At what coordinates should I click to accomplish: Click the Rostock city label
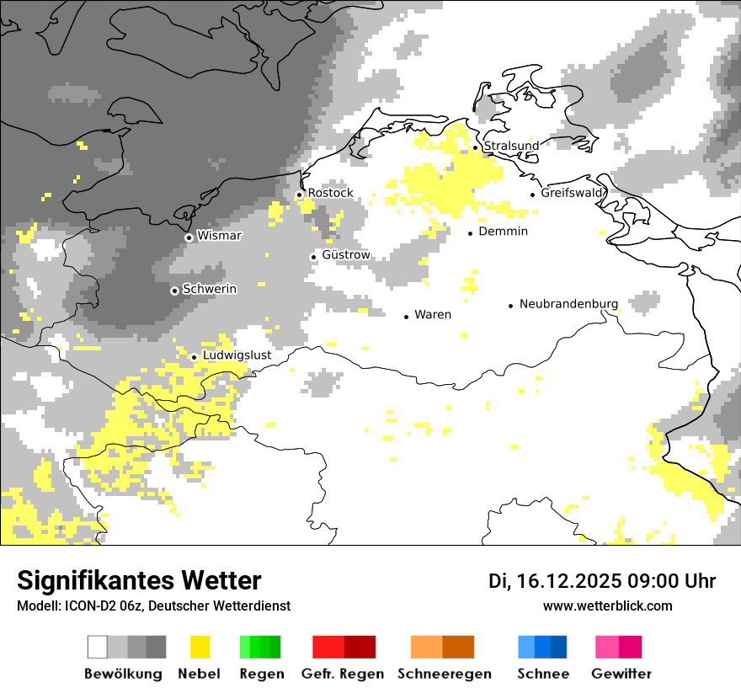[x=330, y=193]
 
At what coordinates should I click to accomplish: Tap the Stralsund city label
[x=511, y=146]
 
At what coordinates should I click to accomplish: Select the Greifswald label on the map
[x=573, y=193]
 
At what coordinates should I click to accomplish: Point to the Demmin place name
[x=503, y=232]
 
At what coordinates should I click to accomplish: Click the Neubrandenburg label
[x=568, y=304]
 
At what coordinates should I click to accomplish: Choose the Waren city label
[x=433, y=315]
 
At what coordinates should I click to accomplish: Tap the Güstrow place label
[x=345, y=255]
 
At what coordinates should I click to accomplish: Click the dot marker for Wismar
[x=189, y=237]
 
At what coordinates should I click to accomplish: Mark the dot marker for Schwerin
[x=174, y=291]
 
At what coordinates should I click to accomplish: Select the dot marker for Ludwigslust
[x=194, y=357]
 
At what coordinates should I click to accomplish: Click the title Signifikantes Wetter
[x=139, y=581]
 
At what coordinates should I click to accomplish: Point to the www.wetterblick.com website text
[x=607, y=606]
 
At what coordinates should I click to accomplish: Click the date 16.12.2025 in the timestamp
[x=567, y=581]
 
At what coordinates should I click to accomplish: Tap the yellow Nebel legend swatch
[x=200, y=647]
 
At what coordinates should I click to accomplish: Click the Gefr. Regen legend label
[x=343, y=674]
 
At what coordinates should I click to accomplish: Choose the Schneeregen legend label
[x=445, y=674]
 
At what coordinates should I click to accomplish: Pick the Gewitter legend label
[x=621, y=674]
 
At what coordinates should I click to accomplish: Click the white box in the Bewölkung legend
[x=98, y=647]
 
